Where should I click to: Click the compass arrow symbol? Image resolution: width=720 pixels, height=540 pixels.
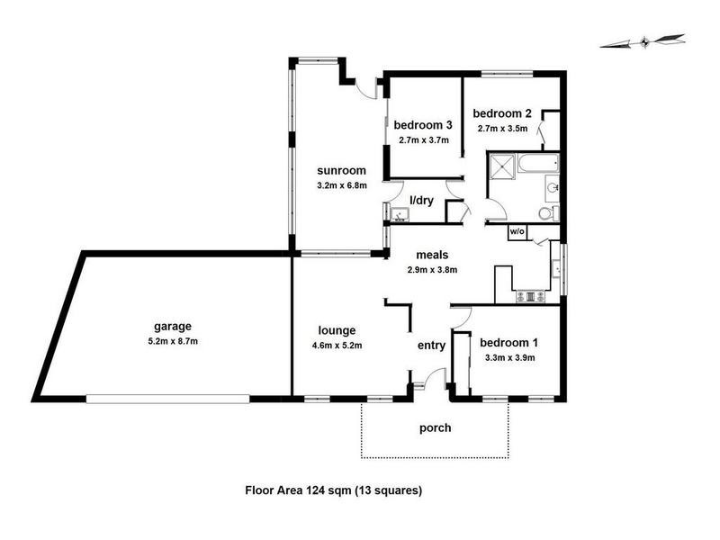tap(642, 40)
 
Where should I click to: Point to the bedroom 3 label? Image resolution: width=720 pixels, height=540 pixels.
tap(422, 125)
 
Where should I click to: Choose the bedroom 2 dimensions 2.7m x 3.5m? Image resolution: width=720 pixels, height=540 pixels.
tap(503, 129)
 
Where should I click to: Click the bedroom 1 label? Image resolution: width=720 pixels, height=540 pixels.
tap(508, 343)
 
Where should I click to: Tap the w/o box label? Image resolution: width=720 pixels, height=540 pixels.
tap(517, 231)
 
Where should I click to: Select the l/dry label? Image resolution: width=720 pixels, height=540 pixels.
tap(421, 200)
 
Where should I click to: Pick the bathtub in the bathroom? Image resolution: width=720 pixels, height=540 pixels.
tap(536, 164)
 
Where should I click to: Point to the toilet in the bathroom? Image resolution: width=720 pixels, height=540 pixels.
tap(545, 212)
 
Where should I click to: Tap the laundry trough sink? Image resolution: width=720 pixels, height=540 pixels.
tap(399, 213)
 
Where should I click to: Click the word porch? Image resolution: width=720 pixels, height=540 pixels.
tap(435, 427)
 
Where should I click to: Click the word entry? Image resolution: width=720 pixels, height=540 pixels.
tap(430, 345)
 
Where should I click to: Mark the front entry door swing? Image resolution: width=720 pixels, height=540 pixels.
tap(437, 377)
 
